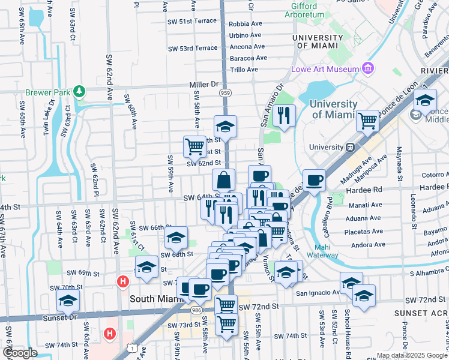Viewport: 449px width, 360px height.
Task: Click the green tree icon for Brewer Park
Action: pyautogui.click(x=79, y=92)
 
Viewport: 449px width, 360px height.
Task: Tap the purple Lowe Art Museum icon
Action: pyautogui.click(x=368, y=69)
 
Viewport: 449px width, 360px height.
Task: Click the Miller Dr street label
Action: pyautogui.click(x=203, y=85)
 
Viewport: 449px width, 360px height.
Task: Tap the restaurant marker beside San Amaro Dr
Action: pyautogui.click(x=284, y=115)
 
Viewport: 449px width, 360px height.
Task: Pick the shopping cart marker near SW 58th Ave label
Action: pyautogui.click(x=194, y=146)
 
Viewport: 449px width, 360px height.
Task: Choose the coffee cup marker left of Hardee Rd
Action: pyautogui.click(x=314, y=181)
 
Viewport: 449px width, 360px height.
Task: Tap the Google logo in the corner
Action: pyautogui.click(x=20, y=352)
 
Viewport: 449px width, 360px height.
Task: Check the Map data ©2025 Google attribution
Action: pyautogui.click(x=411, y=355)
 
